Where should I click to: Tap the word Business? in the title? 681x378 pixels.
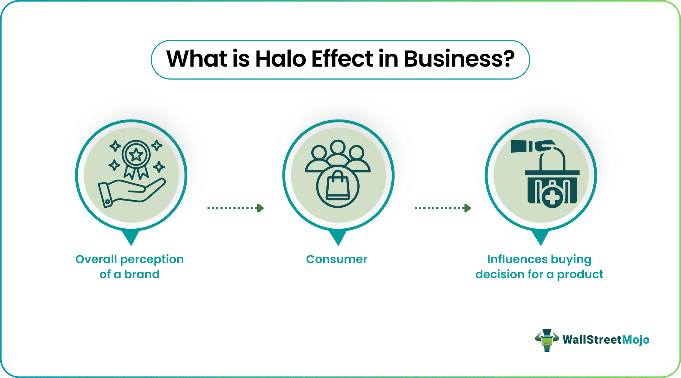coord(459,59)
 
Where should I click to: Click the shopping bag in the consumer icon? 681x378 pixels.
coord(338,185)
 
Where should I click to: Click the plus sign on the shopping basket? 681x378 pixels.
coord(552,197)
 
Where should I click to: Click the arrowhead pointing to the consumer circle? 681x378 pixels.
coord(261,208)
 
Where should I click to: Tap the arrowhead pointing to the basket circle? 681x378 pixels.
coord(468,208)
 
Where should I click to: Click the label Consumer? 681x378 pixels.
coord(337,259)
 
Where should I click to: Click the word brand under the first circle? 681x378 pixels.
coord(142,274)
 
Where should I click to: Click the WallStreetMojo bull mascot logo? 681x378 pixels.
coord(547,340)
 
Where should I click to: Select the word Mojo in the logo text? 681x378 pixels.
coord(636,340)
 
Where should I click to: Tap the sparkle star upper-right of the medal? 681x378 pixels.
coord(157,145)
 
